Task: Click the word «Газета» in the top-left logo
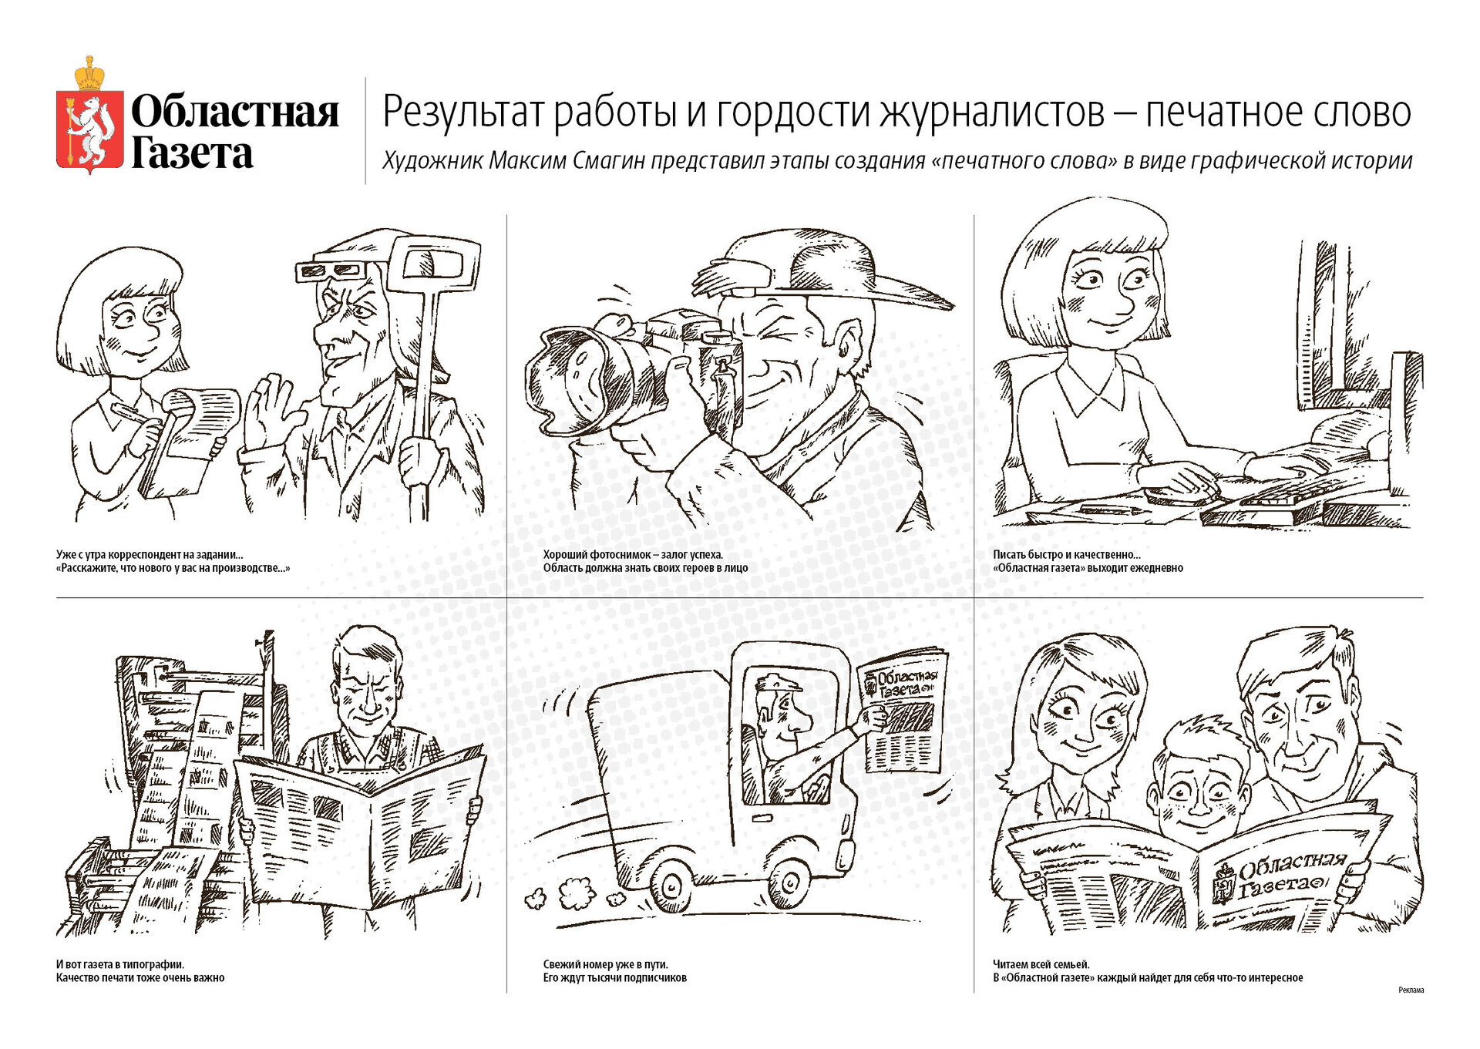[x=192, y=153]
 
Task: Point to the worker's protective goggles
[x=330, y=270]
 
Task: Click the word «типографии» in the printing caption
[x=145, y=963]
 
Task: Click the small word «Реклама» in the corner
[x=1411, y=990]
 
